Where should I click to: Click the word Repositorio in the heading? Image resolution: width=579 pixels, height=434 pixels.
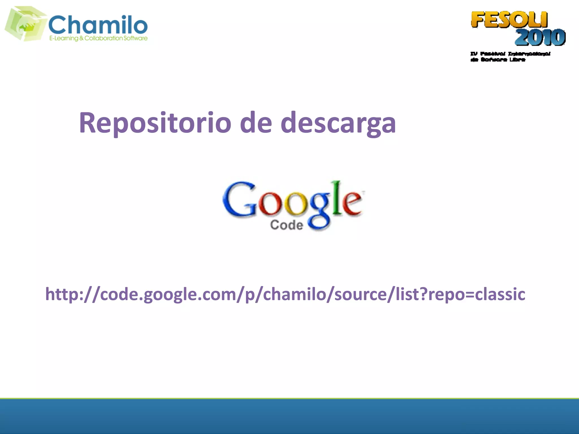(155, 123)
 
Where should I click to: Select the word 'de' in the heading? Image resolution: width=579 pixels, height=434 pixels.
(256, 123)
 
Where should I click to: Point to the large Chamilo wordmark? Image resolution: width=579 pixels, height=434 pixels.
(98, 25)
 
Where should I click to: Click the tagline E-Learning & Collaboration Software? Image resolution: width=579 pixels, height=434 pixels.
(98, 38)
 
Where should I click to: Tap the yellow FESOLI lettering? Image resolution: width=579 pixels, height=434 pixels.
(509, 20)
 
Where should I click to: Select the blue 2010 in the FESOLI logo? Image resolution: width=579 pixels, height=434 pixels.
(540, 37)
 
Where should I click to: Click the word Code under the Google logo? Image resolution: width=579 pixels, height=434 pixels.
(287, 225)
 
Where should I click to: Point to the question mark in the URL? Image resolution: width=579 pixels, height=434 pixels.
(423, 294)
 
